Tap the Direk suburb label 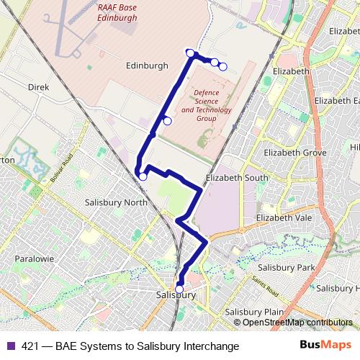(38, 86)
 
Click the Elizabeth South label (237, 177)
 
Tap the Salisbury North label (116, 202)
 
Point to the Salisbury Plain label (253, 312)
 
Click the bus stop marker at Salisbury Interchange (179, 289)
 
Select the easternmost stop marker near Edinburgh (223, 67)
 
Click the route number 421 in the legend (31, 346)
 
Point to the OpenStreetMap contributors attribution (297, 323)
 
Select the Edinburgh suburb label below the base (147, 66)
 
